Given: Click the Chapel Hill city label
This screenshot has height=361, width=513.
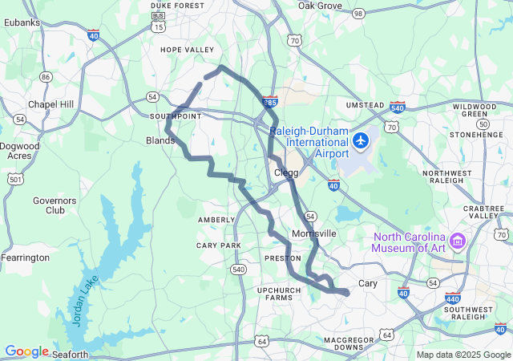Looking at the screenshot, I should pos(51,104).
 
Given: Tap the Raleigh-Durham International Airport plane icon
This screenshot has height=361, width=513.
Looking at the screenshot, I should pos(360,141).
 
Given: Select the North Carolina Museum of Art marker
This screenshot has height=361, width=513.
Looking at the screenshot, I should pos(458,240).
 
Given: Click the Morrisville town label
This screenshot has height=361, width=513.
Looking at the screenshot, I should pos(315,233).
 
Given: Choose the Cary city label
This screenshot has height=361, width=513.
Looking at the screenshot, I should pos(367,283).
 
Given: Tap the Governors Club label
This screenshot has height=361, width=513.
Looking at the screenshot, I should pos(55,205).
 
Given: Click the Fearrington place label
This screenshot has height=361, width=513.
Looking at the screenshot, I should pos(26,258).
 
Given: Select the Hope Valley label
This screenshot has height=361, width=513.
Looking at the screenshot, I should pos(188,50).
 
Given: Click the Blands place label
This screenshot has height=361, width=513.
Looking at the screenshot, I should pos(160,140).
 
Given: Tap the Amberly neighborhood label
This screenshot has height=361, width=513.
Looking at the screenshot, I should pos(216,220).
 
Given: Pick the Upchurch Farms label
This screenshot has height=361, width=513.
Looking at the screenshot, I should pos(279,294).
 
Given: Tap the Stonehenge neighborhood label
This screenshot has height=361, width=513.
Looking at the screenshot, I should pos(480,135).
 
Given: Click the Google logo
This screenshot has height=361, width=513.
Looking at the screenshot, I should pos(26,351).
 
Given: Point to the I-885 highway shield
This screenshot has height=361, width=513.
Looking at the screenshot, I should pos(270,102).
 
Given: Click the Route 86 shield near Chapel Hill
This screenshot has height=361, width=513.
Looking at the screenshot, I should pos(46,77).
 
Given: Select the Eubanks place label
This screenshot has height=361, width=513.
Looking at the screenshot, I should pos(22,22).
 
